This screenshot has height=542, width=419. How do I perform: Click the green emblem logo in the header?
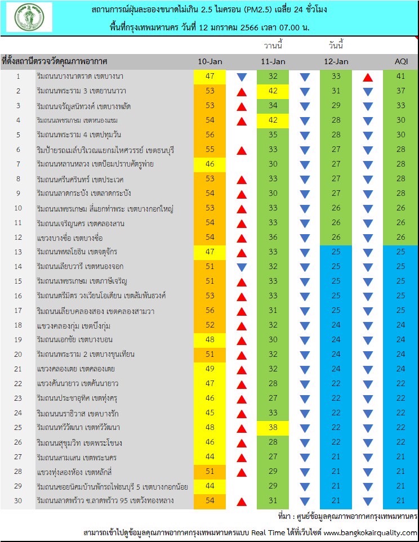[x=29, y=17]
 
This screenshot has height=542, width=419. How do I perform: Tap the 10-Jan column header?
[x=210, y=61]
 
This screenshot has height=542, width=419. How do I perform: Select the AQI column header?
[x=401, y=61]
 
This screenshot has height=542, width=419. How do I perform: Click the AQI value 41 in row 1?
[x=400, y=76]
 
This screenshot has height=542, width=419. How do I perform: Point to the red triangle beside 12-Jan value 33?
[x=368, y=78]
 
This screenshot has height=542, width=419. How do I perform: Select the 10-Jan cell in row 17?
[x=210, y=311]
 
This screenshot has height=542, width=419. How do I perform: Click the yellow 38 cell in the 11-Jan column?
[x=273, y=428]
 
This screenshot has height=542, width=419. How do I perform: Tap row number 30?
[x=18, y=500]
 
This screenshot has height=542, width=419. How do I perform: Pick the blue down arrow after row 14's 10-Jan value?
[x=242, y=267]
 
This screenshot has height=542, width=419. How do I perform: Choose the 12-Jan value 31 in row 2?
[x=336, y=91]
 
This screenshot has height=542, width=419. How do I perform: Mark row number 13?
[x=18, y=252]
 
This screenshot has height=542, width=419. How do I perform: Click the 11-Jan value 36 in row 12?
[x=273, y=237]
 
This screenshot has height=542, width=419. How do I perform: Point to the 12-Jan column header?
[x=336, y=61]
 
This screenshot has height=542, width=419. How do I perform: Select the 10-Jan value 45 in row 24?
[x=210, y=413]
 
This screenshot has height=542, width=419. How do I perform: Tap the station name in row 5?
[x=79, y=135]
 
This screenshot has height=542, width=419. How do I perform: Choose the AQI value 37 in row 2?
[x=400, y=91]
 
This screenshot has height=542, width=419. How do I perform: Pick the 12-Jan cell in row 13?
[x=336, y=252]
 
